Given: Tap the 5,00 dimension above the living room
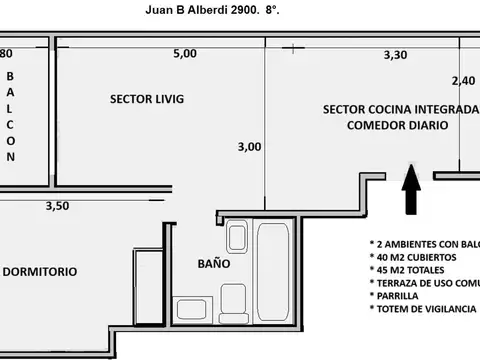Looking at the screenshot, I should (x=185, y=54).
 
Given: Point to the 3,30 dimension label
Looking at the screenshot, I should (x=396, y=56).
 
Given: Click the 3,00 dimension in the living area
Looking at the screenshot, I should (x=249, y=146).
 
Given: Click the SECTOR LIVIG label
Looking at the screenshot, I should (x=147, y=98).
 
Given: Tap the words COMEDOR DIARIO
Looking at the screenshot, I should (x=394, y=125).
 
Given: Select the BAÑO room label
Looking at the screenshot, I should (x=212, y=265).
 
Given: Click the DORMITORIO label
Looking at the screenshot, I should (x=40, y=272).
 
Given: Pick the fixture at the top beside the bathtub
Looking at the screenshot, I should (x=237, y=237).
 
